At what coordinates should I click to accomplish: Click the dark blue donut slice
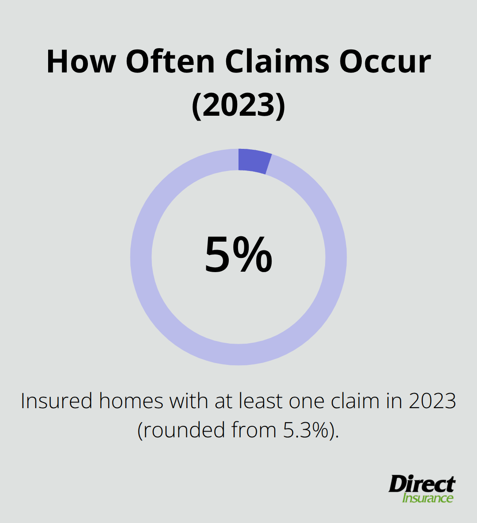(x=254, y=161)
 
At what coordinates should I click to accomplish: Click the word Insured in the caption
(x=56, y=401)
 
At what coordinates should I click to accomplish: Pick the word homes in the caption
(x=131, y=401)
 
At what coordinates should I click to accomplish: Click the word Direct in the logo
(x=422, y=484)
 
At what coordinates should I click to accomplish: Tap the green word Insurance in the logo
(x=428, y=498)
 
